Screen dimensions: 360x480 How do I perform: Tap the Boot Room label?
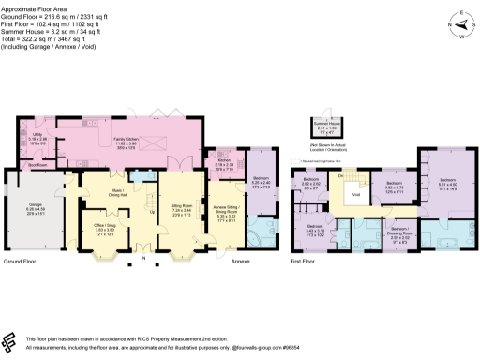pos(37,164)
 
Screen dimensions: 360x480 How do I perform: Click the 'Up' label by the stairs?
pos(153,211)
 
